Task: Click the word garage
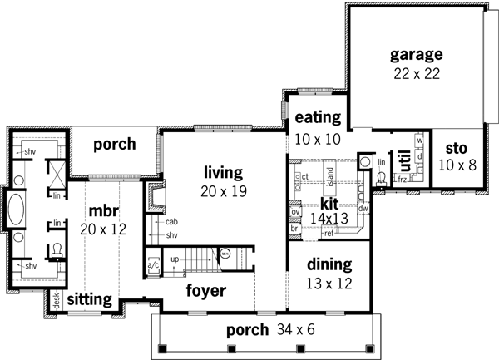pyautogui.click(x=416, y=55)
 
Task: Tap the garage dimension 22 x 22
pyautogui.click(x=416, y=73)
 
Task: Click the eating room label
pyautogui.click(x=314, y=117)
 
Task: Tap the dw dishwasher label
pyautogui.click(x=363, y=210)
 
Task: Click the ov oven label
pyautogui.click(x=295, y=212)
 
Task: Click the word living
pyautogui.click(x=223, y=173)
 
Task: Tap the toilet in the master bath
pyautogui.click(x=57, y=250)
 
